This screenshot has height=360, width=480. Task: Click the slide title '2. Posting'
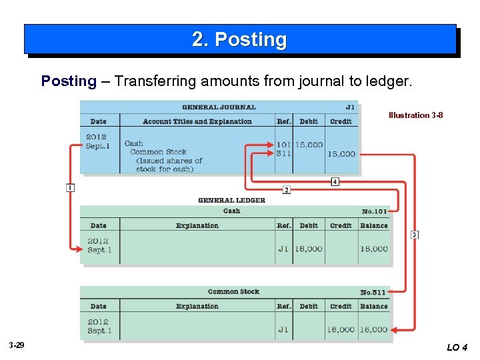(239, 40)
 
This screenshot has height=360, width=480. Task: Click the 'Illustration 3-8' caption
(415, 115)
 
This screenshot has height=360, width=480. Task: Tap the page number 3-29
(17, 345)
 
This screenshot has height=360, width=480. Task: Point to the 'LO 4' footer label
(457, 347)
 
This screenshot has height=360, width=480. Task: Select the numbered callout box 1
(70, 188)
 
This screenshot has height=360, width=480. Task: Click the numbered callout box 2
(286, 190)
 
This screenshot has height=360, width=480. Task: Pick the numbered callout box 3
(415, 235)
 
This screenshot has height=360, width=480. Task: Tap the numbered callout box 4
(335, 181)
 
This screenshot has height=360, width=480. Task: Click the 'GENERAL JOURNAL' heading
(219, 107)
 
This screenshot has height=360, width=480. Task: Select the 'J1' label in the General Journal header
(350, 107)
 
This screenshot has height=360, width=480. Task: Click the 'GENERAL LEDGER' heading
(231, 200)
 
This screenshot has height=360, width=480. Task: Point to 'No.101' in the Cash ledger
(374, 211)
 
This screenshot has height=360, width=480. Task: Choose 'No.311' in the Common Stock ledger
(373, 292)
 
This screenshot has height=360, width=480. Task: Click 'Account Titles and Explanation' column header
(197, 121)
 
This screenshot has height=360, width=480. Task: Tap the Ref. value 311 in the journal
(283, 153)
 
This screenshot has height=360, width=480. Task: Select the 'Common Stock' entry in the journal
(159, 152)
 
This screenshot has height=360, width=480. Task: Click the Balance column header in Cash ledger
(374, 225)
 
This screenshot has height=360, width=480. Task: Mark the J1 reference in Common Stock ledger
(283, 329)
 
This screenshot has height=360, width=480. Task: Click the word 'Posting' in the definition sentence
(69, 81)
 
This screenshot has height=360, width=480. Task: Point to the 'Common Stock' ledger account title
(233, 291)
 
